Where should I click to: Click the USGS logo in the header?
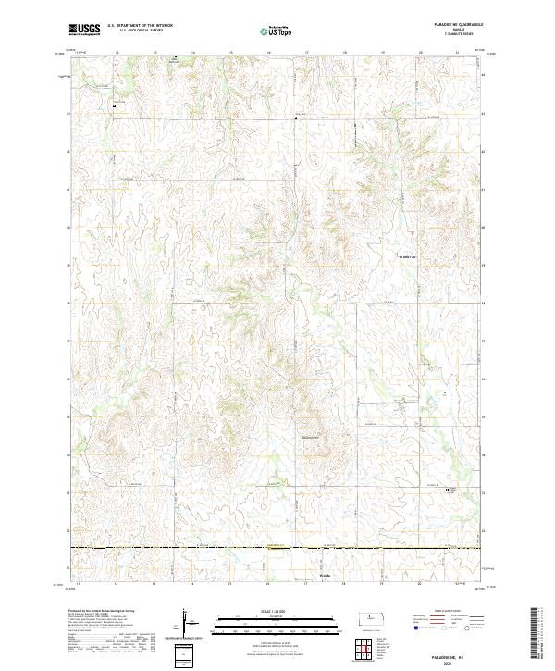tap(86, 30)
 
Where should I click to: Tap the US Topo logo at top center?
tap(277, 30)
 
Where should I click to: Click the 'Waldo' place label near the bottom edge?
tap(311, 575)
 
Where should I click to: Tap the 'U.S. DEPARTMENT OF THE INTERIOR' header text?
tap(140, 25)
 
